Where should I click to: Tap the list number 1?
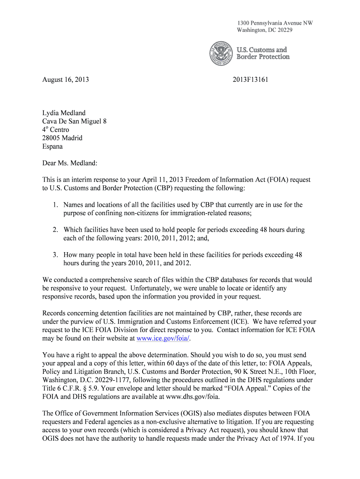pyautogui.click(x=55, y=205)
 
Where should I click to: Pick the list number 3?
pyautogui.click(x=55, y=255)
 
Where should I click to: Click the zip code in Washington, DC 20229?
pyautogui.click(x=282, y=30)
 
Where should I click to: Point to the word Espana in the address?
pyautogui.click(x=53, y=146)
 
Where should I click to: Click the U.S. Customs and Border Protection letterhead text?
pyautogui.click(x=263, y=53)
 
